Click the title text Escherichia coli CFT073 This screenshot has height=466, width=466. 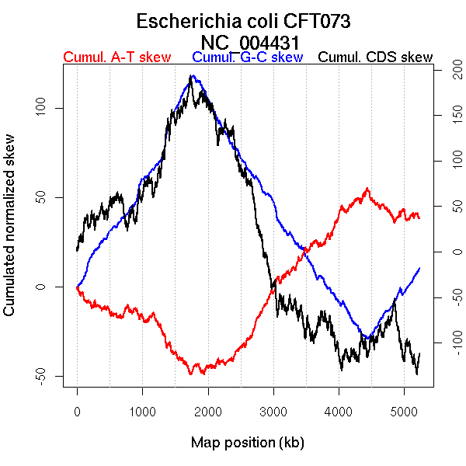(x=244, y=21)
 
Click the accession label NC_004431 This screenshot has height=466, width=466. (x=250, y=42)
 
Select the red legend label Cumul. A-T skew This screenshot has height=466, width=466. (x=116, y=58)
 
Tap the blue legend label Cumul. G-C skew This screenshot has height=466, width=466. (x=247, y=58)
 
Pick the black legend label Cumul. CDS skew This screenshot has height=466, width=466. (x=376, y=58)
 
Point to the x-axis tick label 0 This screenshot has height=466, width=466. (x=77, y=412)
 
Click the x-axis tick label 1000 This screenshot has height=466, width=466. (x=142, y=412)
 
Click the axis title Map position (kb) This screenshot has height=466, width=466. (x=247, y=443)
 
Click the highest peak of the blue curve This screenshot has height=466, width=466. (x=192, y=76)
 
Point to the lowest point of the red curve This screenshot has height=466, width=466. (x=190, y=374)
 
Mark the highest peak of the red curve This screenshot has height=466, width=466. (x=367, y=188)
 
